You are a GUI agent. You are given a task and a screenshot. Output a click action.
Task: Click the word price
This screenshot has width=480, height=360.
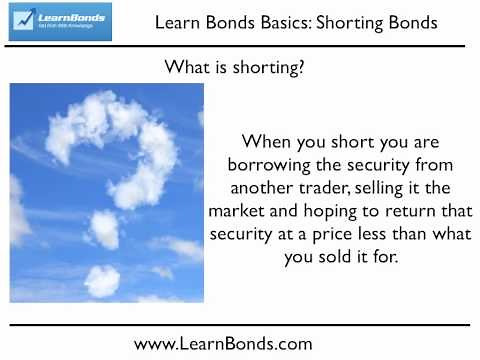318,234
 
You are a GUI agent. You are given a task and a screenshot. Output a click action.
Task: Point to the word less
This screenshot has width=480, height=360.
362,234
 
